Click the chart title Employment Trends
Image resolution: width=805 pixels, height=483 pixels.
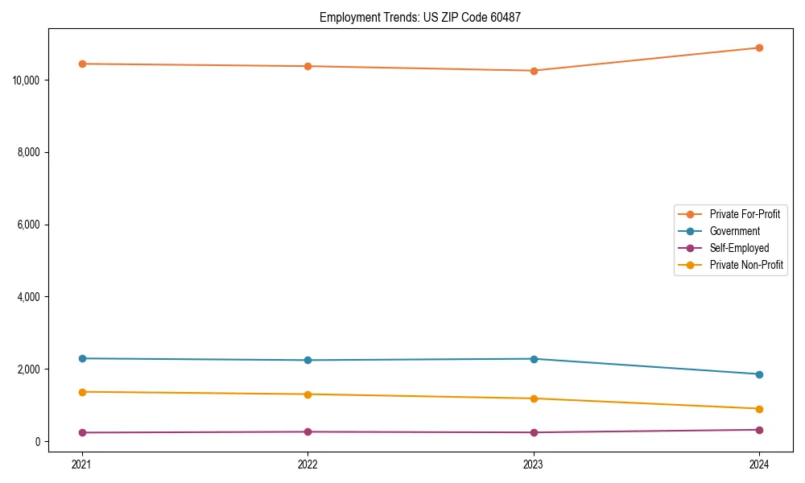click(x=419, y=17)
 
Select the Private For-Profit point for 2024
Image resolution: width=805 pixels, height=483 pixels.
click(x=759, y=47)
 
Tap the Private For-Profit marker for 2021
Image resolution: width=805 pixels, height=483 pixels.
click(x=82, y=64)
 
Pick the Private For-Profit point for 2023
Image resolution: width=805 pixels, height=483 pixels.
click(x=534, y=71)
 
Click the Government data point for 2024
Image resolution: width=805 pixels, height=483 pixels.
click(x=759, y=374)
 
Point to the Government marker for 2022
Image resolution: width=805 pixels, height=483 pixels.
click(x=308, y=360)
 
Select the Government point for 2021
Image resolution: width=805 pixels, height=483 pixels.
click(x=82, y=358)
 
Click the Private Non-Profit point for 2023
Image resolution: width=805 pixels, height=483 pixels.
click(x=534, y=398)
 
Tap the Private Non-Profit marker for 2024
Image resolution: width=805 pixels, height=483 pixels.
click(x=759, y=409)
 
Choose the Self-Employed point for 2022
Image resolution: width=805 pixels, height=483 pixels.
click(x=308, y=431)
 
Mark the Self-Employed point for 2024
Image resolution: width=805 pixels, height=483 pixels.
click(x=759, y=430)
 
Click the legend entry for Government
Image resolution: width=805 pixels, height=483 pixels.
click(x=734, y=231)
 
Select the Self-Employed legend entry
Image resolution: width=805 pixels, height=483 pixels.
click(x=739, y=248)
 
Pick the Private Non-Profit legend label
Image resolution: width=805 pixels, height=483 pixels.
click(x=746, y=265)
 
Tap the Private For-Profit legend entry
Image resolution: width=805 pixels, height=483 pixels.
click(x=745, y=214)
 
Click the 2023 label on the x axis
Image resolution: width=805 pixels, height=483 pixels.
click(x=534, y=464)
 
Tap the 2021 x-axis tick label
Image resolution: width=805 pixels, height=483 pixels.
click(x=82, y=464)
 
